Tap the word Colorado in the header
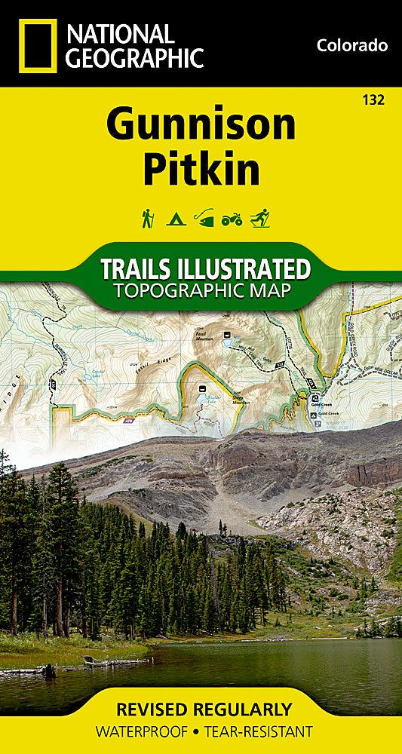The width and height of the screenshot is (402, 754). (352, 46)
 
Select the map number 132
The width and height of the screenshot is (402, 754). (374, 100)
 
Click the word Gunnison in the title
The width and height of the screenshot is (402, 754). (201, 125)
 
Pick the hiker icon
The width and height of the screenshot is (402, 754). (147, 219)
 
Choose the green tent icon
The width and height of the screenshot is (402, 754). (175, 219)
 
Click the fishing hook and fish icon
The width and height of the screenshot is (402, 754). (204, 219)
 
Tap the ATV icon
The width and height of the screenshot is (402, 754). (232, 220)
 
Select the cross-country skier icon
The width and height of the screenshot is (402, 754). (260, 219)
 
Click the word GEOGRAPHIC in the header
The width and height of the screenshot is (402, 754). (136, 57)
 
